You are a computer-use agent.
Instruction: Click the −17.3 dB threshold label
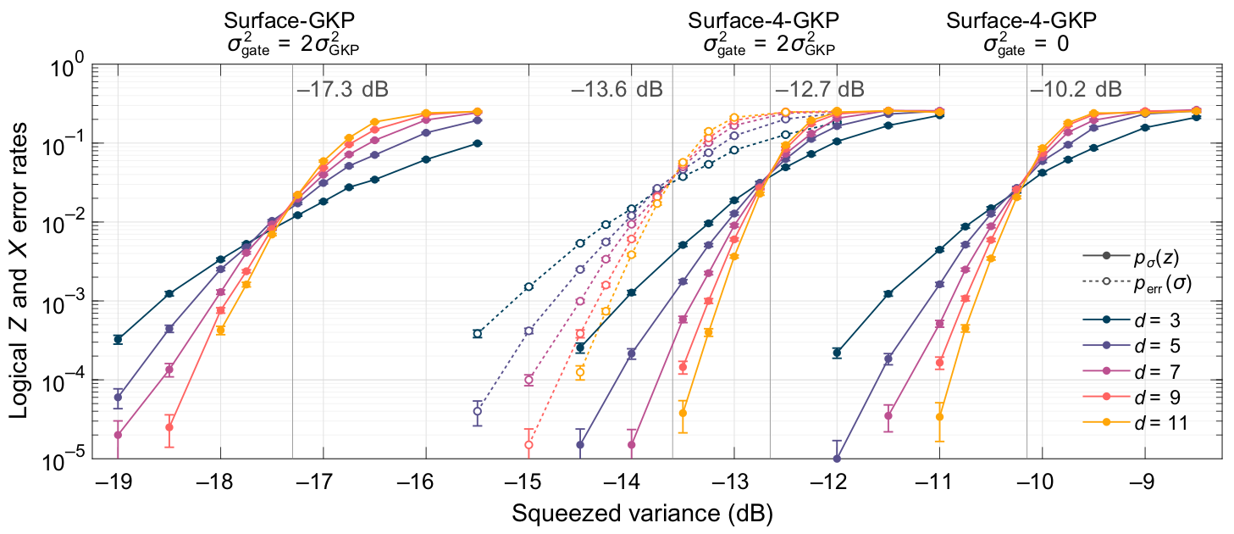click(x=342, y=89)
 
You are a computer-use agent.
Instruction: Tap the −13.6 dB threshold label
click(x=616, y=89)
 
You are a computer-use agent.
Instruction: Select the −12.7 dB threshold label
click(x=819, y=89)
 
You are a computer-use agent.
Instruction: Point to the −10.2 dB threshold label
click(x=1076, y=89)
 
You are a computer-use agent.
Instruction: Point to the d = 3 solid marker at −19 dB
click(x=118, y=339)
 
